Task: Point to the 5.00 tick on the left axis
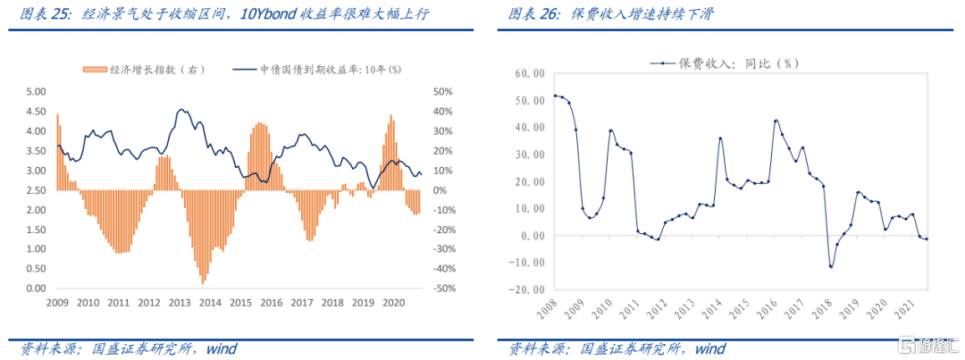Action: point(36,91)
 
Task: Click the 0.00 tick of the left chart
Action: point(36,289)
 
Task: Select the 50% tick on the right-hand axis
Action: point(444,91)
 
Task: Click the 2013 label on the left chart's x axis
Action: point(179,304)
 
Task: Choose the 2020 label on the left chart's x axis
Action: point(393,304)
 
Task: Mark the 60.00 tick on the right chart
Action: point(526,72)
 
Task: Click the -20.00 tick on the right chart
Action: point(524,289)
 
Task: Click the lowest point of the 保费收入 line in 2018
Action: point(831,266)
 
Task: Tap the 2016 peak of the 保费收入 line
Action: point(776,120)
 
